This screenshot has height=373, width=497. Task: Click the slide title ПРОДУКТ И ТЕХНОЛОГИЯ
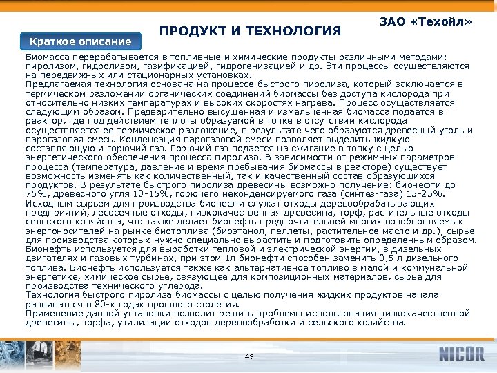[250, 31]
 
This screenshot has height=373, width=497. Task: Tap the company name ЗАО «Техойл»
[426, 22]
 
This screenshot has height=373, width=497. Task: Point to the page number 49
[249, 356]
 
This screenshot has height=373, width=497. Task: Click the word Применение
[54, 313]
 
